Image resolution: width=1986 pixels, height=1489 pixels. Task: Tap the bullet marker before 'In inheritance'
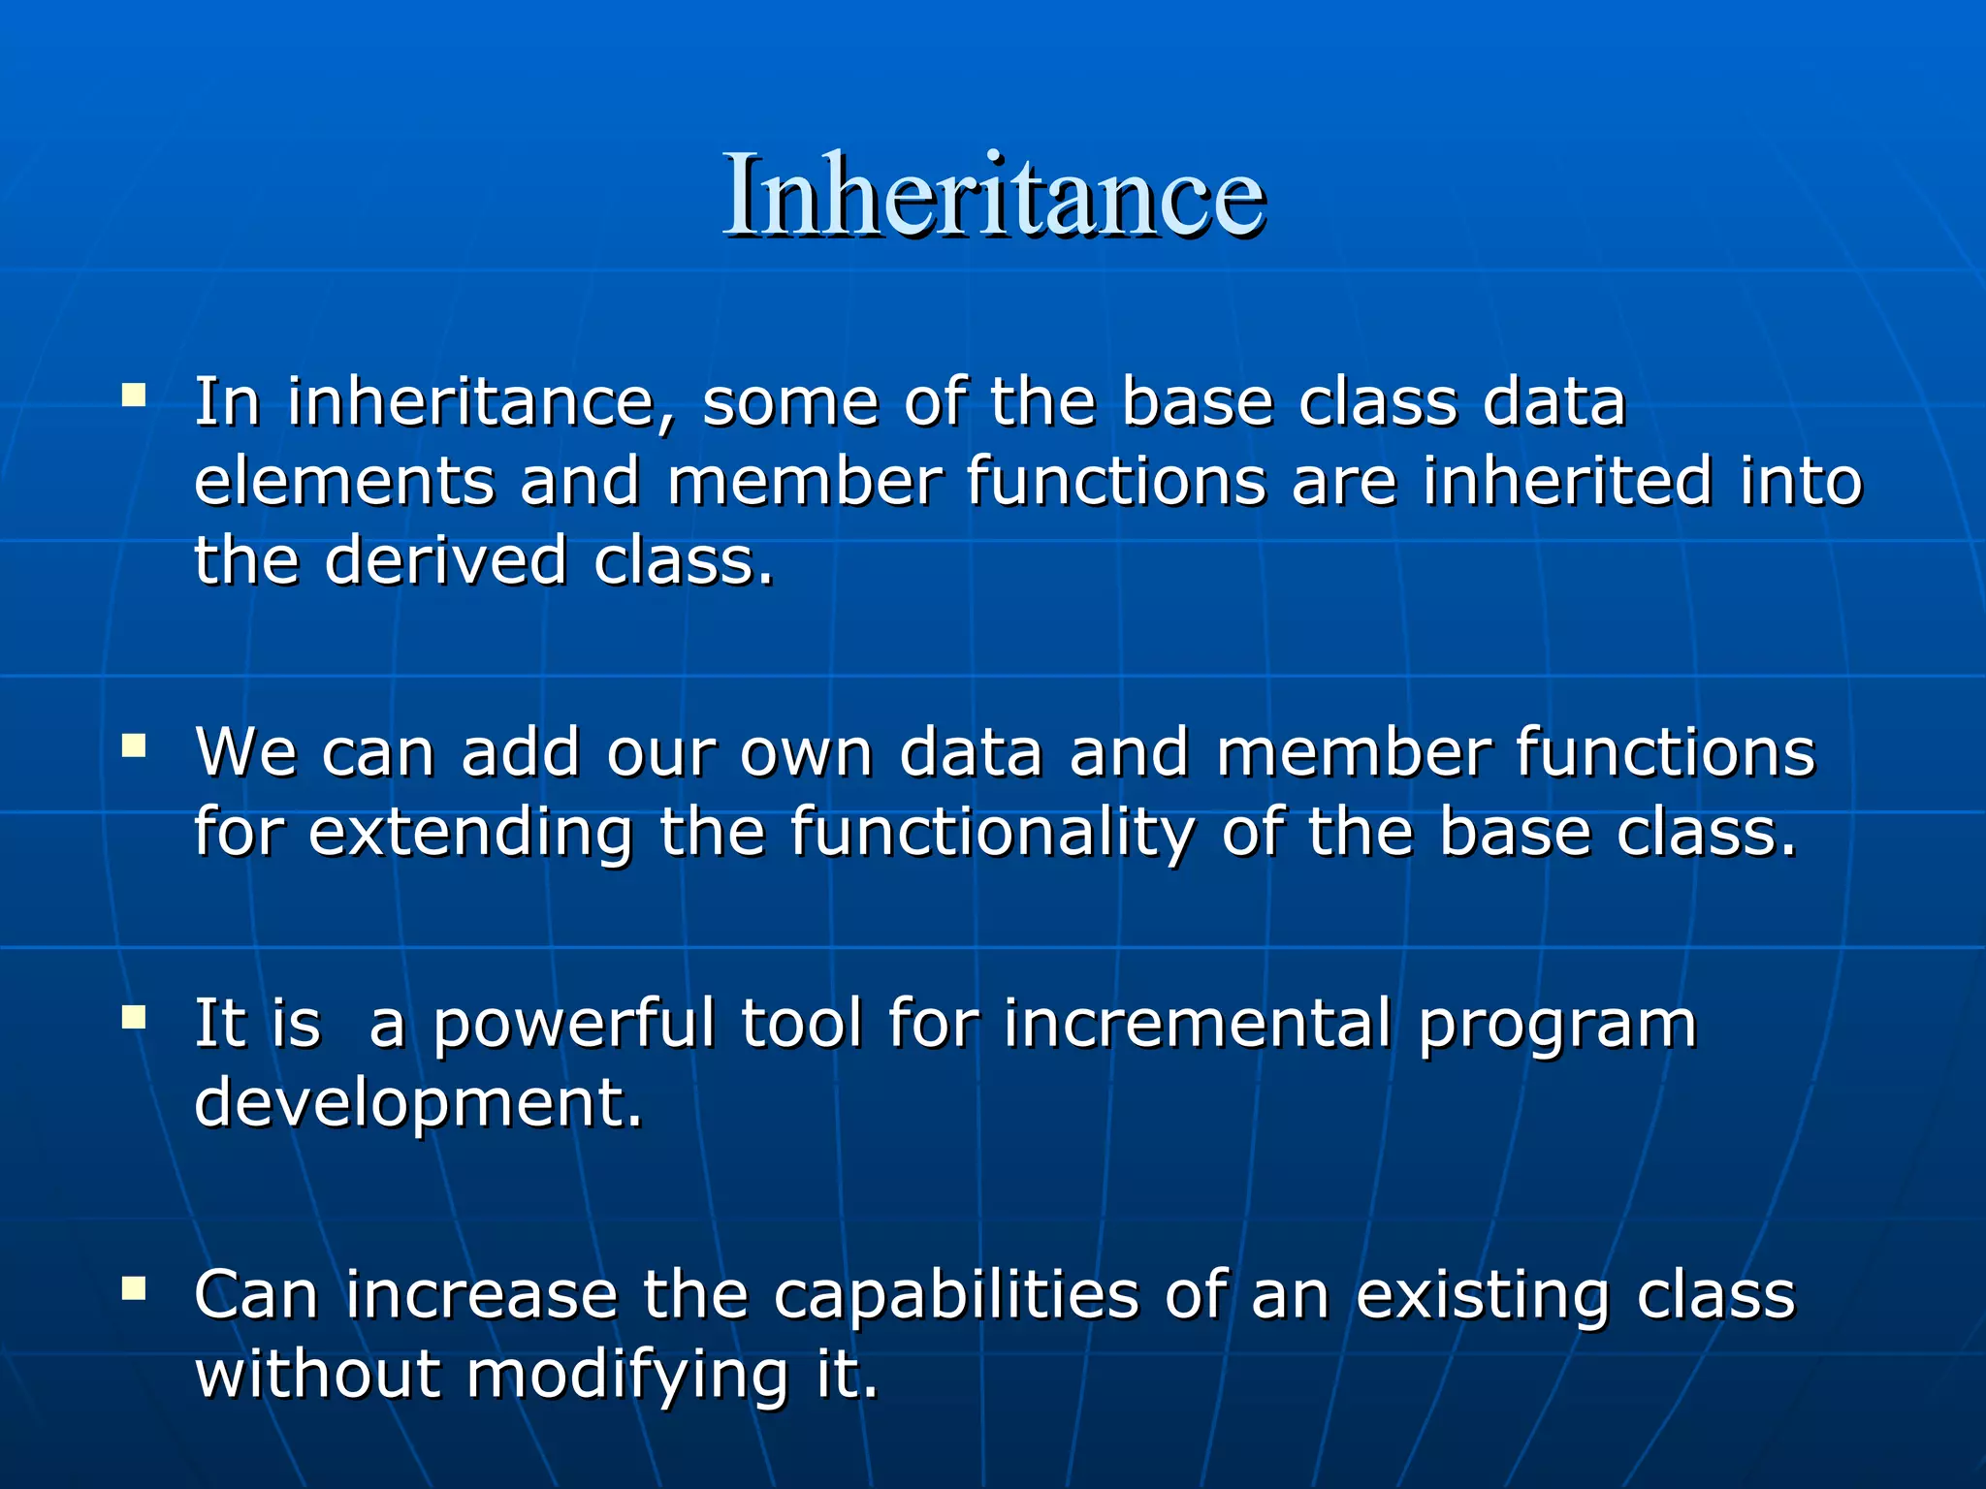point(134,395)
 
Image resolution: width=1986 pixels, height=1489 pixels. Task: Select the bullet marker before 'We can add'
point(134,745)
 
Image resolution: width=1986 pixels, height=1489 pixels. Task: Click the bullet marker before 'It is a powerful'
point(134,1017)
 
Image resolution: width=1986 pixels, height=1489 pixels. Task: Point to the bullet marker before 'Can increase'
point(134,1288)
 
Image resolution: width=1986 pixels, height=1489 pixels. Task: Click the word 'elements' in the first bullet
point(344,482)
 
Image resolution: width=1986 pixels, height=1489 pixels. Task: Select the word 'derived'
point(445,560)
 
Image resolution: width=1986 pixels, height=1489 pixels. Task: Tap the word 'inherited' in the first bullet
point(1567,482)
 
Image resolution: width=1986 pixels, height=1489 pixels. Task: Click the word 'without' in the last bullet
point(318,1375)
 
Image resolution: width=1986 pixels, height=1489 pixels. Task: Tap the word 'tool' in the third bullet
point(801,1024)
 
